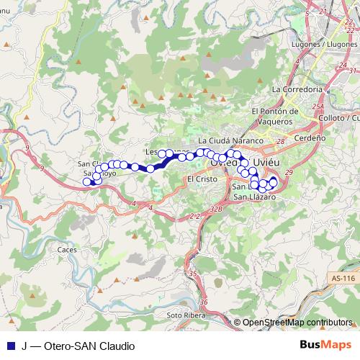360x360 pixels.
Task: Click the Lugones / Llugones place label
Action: click(x=322, y=44)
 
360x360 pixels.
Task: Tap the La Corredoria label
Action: click(x=297, y=89)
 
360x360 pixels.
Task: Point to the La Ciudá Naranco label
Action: click(x=227, y=140)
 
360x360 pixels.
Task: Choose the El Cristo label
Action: click(x=201, y=179)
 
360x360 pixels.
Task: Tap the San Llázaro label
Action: click(x=254, y=197)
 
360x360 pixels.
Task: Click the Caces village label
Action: click(x=67, y=249)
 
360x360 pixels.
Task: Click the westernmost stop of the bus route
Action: click(x=87, y=181)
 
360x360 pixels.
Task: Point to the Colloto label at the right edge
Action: click(x=342, y=117)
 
